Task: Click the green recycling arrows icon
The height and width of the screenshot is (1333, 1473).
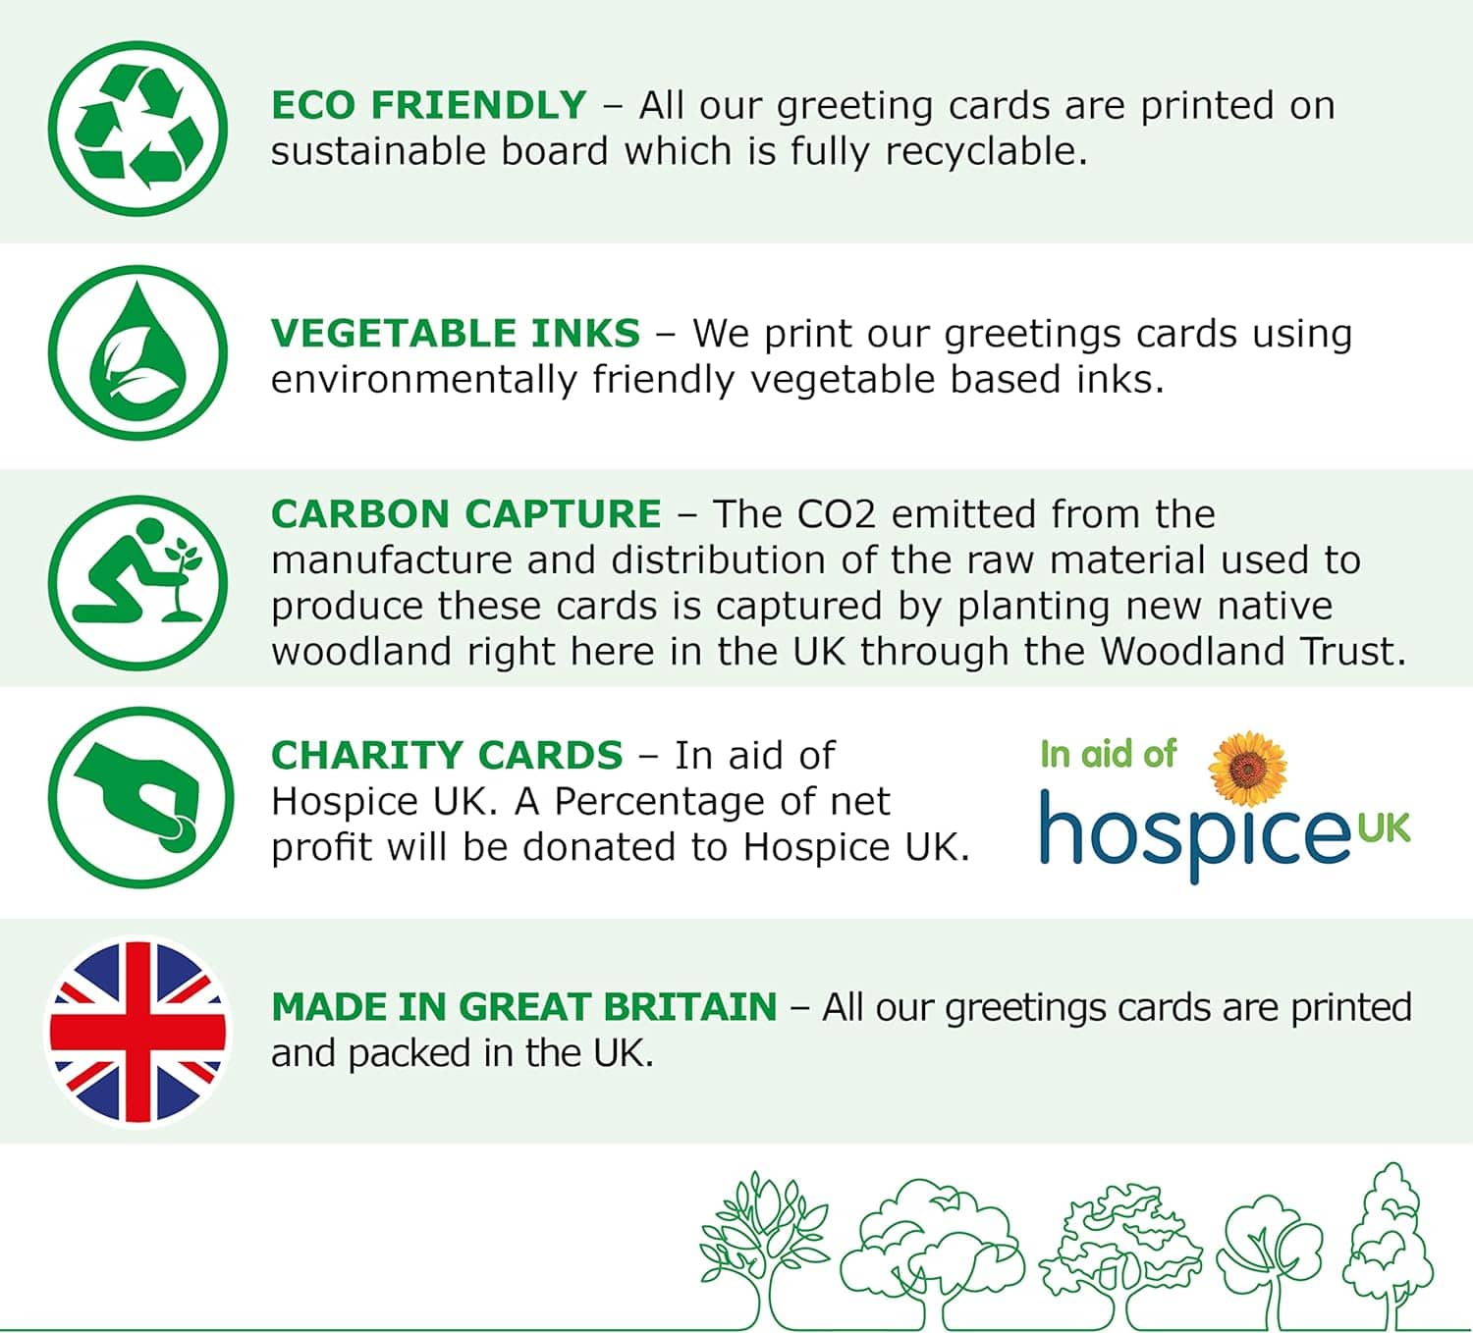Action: [137, 129]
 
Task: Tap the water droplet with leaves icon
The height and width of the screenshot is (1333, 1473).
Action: [137, 352]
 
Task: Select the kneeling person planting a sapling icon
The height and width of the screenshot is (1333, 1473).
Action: [137, 583]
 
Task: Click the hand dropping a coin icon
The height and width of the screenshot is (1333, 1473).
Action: [140, 797]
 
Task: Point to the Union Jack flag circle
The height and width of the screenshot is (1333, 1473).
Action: [137, 1031]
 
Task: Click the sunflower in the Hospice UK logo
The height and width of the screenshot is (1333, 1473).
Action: [1247, 769]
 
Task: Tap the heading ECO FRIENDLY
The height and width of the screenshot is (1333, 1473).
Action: [429, 105]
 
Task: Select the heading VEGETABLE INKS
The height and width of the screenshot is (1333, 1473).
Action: [456, 334]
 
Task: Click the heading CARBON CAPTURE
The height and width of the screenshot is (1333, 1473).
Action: [466, 513]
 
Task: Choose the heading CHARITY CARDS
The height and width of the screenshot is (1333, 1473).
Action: [447, 755]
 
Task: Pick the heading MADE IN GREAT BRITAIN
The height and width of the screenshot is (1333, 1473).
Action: [523, 1006]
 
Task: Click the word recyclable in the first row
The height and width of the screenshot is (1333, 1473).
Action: [985, 153]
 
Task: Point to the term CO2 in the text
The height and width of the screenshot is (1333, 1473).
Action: [837, 513]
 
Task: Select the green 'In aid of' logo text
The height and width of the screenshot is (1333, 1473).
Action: [1108, 754]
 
